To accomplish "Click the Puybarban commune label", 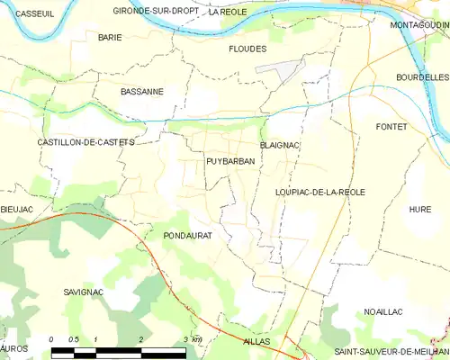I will [230, 161].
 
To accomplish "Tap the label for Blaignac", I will [279, 144].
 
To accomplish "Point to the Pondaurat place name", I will [187, 235].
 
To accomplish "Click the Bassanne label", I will [142, 91].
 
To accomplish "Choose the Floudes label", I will [247, 49].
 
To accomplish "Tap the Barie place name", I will [110, 37].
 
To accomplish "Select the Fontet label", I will [391, 127].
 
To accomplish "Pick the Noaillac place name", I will [382, 311].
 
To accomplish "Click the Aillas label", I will [256, 343].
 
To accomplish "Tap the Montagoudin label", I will [420, 25].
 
